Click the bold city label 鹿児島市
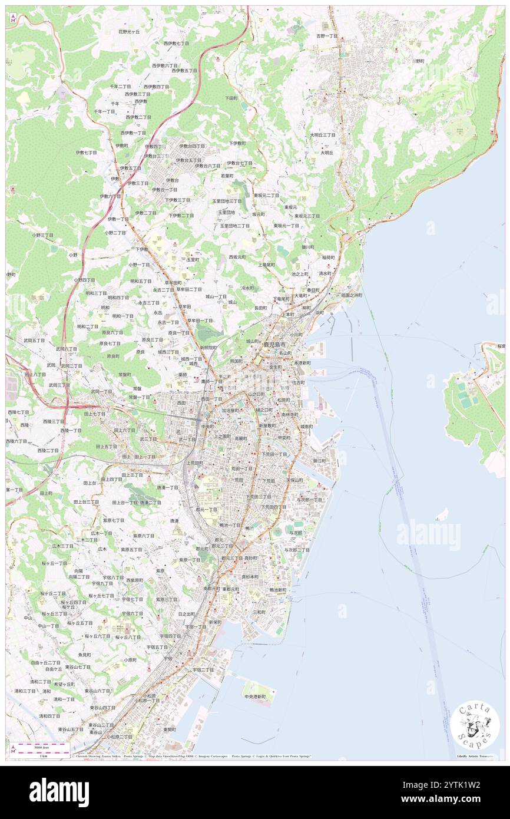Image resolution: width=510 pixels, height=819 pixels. pos(274,344)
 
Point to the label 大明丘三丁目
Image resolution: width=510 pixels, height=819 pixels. pos(323,135)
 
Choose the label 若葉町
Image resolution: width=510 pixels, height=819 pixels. pos(227,176)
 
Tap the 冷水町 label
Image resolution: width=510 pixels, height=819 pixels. pos(247,288)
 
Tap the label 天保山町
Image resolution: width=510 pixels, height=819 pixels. pos(294,480)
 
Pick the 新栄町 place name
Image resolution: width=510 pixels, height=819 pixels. pos(215,622)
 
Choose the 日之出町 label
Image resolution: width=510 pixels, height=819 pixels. pos(187,614)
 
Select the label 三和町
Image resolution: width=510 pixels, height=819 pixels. pos(259,612)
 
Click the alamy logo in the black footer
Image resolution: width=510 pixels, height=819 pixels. pos(59,792)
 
